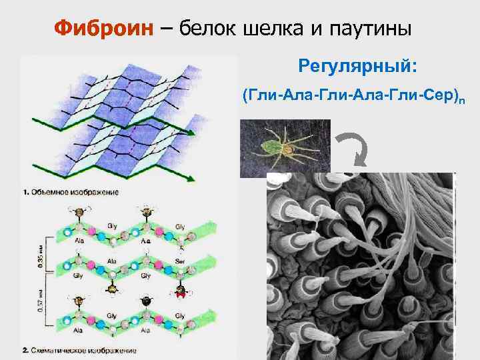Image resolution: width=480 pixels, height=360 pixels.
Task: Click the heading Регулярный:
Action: tap(358, 67)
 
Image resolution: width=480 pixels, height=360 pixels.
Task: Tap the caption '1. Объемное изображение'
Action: tap(71, 193)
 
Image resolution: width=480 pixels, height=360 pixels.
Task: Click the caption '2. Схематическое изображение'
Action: tap(79, 349)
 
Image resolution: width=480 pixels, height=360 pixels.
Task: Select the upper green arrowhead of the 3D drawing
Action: tap(193, 133)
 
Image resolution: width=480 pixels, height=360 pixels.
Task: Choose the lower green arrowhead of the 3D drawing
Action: tap(193, 178)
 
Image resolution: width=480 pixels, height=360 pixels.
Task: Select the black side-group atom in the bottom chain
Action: tap(146, 301)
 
